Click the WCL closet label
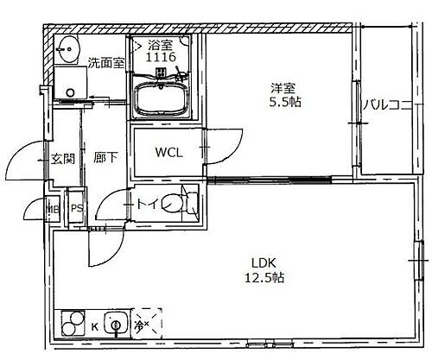pos(168,154)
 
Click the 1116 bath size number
pos(161,57)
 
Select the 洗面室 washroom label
pos(105,62)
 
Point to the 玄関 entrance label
pos(62,159)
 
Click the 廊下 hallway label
pos(105,159)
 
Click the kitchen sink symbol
pos(113,325)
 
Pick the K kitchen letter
pos(95,327)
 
